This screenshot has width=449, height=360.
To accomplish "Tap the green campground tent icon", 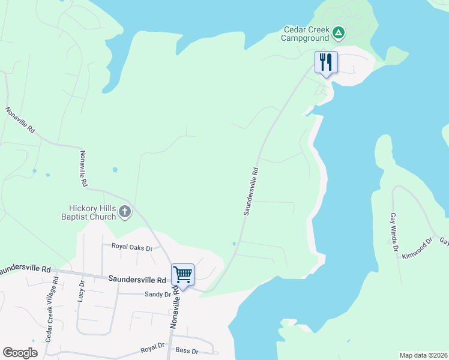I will [339, 32].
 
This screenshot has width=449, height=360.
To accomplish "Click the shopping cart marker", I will [182, 275].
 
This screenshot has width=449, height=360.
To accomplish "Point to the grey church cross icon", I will [125, 211].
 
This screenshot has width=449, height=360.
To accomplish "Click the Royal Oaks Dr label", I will [132, 247].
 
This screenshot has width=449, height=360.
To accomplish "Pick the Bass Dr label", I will [186, 350].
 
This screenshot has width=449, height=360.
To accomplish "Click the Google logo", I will [20, 353].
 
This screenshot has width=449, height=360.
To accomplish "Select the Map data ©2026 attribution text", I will [423, 355].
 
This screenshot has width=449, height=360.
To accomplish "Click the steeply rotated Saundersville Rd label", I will [251, 191].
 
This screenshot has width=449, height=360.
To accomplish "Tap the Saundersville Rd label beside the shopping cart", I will [137, 280].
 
